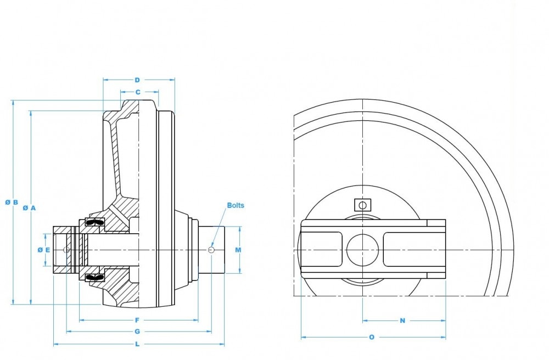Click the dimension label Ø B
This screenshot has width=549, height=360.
tap(12, 203)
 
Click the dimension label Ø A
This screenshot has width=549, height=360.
tap(29, 208)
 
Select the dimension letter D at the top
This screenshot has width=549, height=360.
tap(138, 80)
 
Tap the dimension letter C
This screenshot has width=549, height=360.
tap(138, 92)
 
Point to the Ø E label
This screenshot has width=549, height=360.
tap(44, 250)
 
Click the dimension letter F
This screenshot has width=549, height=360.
tap(137, 320)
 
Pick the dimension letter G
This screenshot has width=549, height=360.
tap(137, 331)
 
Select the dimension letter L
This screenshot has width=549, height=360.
tap(137, 345)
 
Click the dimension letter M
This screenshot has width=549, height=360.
tap(238, 250)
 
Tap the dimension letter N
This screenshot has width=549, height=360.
tap(402, 320)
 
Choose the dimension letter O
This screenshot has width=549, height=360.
tap(372, 337)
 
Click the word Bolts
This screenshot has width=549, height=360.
tap(236, 206)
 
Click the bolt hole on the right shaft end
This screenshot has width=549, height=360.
tap(211, 250)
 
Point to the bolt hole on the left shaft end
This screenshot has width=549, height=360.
tap(66, 250)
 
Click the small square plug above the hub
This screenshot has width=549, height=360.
tap(362, 205)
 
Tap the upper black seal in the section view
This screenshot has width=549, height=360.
tap(95, 222)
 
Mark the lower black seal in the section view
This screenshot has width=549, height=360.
tap(95, 278)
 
